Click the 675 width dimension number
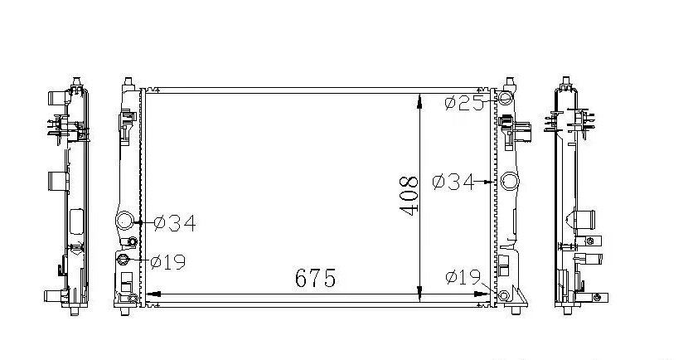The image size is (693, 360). point(315,278)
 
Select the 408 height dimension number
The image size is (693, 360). point(409,196)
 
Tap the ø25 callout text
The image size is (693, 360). point(464,104)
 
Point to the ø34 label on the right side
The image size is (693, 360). point(453,182)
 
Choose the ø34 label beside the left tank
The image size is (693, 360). point(175,223)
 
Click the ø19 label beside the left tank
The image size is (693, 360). point(168,262)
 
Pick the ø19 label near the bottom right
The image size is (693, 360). point(463,277)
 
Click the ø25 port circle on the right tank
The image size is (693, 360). point(504,98)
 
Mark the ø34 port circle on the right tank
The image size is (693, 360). point(509,181)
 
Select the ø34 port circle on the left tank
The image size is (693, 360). point(124,220)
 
